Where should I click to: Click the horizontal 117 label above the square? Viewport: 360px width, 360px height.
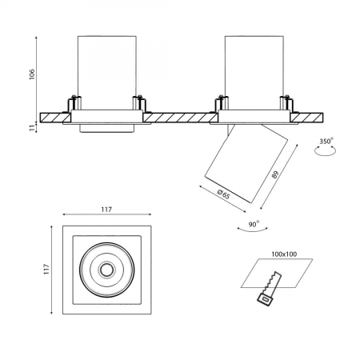click(x=106, y=210)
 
